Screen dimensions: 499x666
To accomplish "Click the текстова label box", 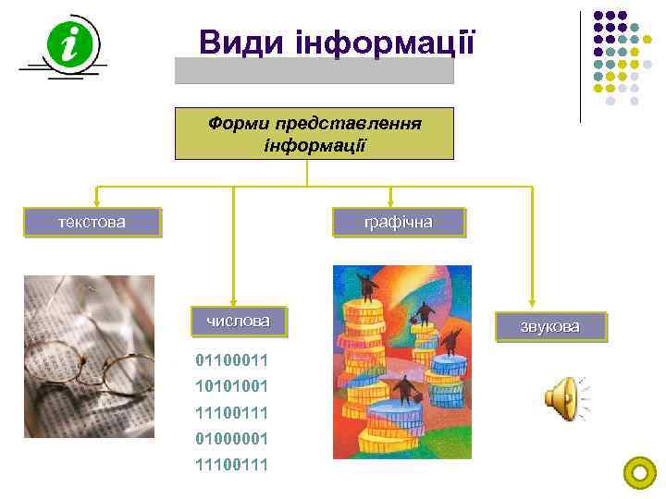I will tap(92, 222).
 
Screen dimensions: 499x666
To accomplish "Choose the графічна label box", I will tap(399, 223).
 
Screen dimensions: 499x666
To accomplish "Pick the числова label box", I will tap(238, 321).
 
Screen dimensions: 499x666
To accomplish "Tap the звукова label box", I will tap(550, 327).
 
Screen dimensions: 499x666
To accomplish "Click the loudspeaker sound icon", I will tap(563, 399).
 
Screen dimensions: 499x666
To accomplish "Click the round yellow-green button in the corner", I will tap(640, 473).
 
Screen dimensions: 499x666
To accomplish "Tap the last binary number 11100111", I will tap(231, 464).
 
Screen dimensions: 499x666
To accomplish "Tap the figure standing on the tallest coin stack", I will tap(367, 286).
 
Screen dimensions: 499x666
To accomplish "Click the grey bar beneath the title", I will tap(314, 71).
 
